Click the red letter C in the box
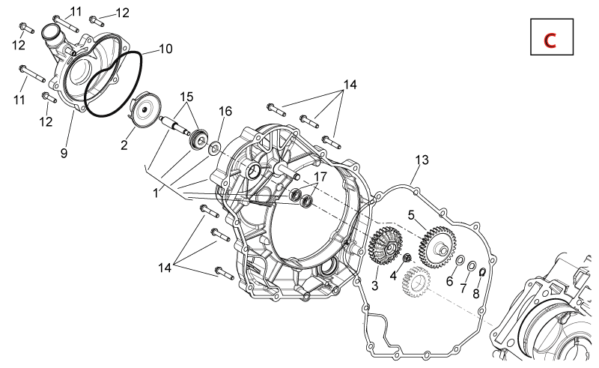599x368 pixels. [550, 40]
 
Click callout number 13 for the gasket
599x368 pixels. [422, 160]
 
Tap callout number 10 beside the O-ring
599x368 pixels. [165, 49]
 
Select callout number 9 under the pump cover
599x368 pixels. [64, 153]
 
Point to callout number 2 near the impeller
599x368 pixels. [124, 145]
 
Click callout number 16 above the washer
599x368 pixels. [225, 111]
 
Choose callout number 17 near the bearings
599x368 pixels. [320, 176]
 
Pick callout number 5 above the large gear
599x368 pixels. [411, 215]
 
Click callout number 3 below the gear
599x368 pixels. [375, 286]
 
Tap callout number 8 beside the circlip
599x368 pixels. [476, 293]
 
